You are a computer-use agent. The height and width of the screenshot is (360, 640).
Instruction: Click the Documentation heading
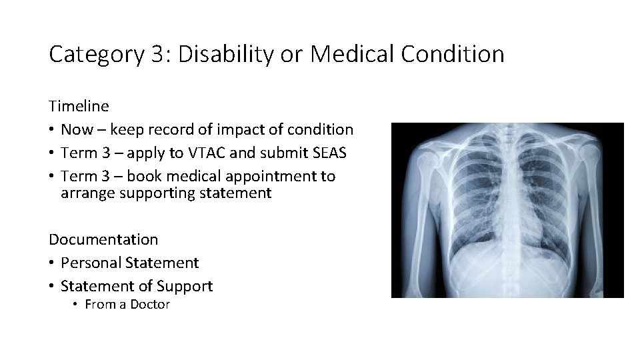point(103,239)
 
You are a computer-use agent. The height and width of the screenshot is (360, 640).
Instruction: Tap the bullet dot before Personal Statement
point(52,263)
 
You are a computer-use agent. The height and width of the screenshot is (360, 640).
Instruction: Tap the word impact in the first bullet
point(238,129)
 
